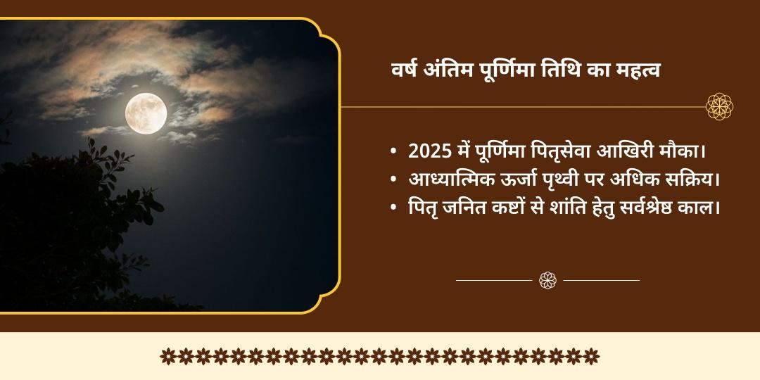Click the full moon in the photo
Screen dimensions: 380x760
pos(146,112)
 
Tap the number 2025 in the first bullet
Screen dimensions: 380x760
pos(429,151)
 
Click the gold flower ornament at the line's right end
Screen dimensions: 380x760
pos(720,107)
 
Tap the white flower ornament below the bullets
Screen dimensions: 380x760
pos(548,280)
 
